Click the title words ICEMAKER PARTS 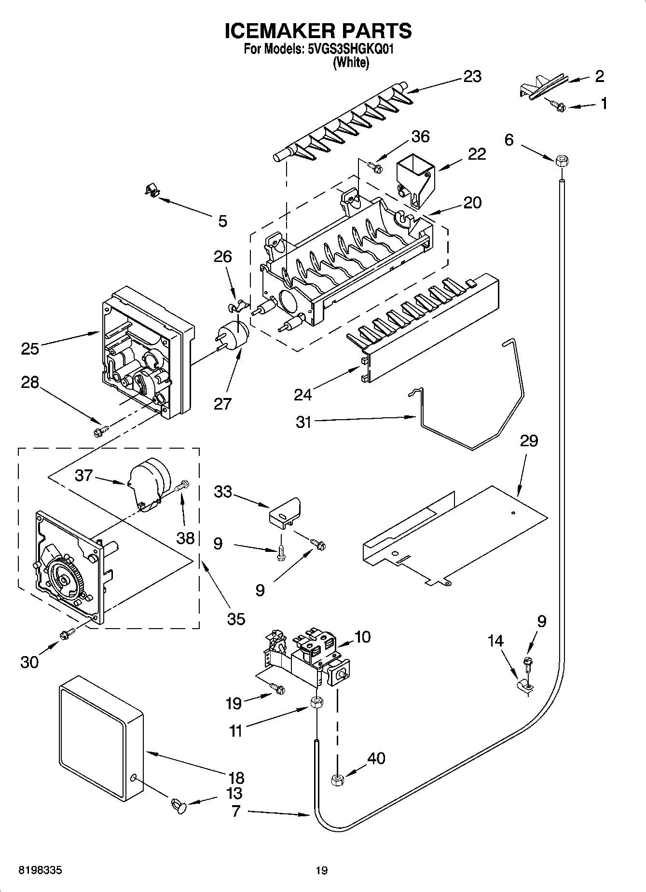coord(318,31)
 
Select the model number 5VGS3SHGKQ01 coord(351,50)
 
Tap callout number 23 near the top coord(472,77)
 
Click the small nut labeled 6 coord(561,161)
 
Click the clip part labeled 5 coord(152,190)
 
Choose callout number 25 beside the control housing coord(30,348)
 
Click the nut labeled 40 coord(337,779)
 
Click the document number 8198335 coord(40,870)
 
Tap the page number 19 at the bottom coord(322,870)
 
